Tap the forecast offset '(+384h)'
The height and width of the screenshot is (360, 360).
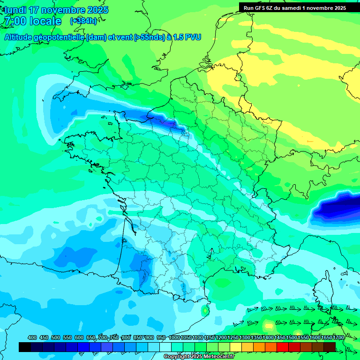click(83, 21)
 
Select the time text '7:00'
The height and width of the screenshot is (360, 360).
click(15, 21)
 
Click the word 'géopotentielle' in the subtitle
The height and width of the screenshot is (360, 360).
click(61, 37)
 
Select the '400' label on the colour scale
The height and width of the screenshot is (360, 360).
click(32, 337)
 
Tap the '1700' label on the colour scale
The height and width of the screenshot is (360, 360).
click(338, 337)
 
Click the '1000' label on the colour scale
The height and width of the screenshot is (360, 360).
click(174, 337)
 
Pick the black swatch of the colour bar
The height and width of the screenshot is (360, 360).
click(25, 347)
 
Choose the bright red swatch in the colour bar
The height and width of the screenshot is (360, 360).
click(283, 347)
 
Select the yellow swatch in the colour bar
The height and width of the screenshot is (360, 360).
click(236, 347)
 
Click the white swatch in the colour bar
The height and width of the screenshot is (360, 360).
click(165, 347)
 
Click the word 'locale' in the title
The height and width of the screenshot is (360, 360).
click(45, 21)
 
